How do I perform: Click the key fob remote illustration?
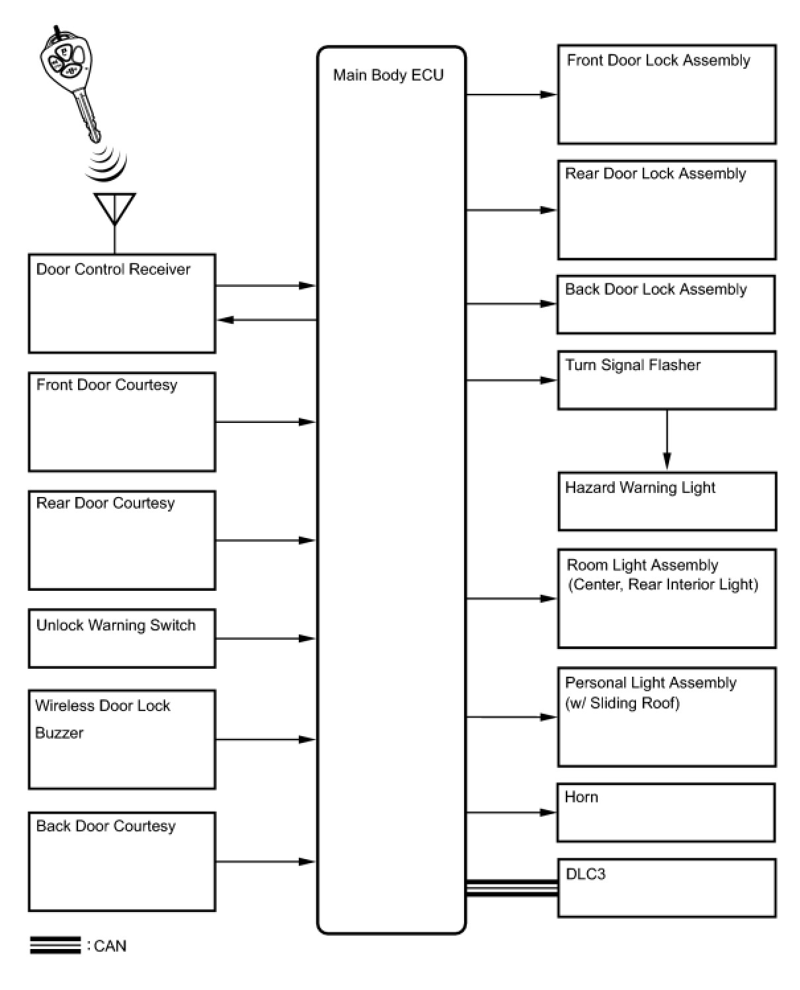tap(69, 84)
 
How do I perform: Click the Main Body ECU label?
tap(388, 75)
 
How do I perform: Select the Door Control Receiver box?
tap(122, 303)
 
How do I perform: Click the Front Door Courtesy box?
tap(122, 422)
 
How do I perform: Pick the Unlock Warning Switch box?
tap(122, 638)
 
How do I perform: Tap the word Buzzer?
tap(59, 732)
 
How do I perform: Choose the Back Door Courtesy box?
tap(122, 861)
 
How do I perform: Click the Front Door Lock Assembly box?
tap(666, 95)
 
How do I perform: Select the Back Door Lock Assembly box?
tap(666, 305)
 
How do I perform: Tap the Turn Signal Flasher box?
tap(666, 380)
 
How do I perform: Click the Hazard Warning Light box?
tap(667, 501)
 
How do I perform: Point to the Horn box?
tap(666, 812)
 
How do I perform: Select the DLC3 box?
tap(666, 888)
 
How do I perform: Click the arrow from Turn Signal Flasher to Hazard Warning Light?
tap(667, 439)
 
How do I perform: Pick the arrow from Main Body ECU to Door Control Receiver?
tap(267, 320)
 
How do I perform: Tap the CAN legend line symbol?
tap(56, 945)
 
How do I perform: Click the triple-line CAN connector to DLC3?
tap(511, 888)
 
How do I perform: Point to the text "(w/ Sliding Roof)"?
tap(622, 703)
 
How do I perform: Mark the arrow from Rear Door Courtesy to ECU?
tap(266, 540)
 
